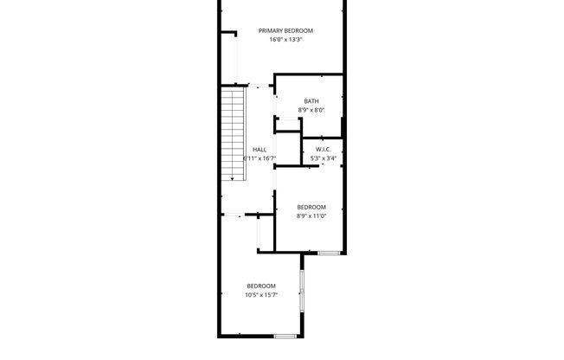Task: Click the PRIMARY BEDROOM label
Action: [285, 30]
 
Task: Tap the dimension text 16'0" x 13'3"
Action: [285, 39]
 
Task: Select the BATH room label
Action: [311, 101]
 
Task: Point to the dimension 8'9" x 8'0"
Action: [311, 110]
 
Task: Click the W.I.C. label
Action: [324, 150]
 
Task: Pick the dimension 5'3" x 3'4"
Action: [324, 158]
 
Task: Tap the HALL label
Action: [260, 150]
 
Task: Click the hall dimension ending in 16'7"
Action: [260, 158]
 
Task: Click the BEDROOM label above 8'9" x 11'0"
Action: [311, 206]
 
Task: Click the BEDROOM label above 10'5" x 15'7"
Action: [260, 286]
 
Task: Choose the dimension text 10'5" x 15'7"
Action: [260, 295]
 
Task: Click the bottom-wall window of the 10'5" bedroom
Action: [285, 336]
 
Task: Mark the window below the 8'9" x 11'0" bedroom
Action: [329, 253]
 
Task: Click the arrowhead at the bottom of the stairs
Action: [232, 177]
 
